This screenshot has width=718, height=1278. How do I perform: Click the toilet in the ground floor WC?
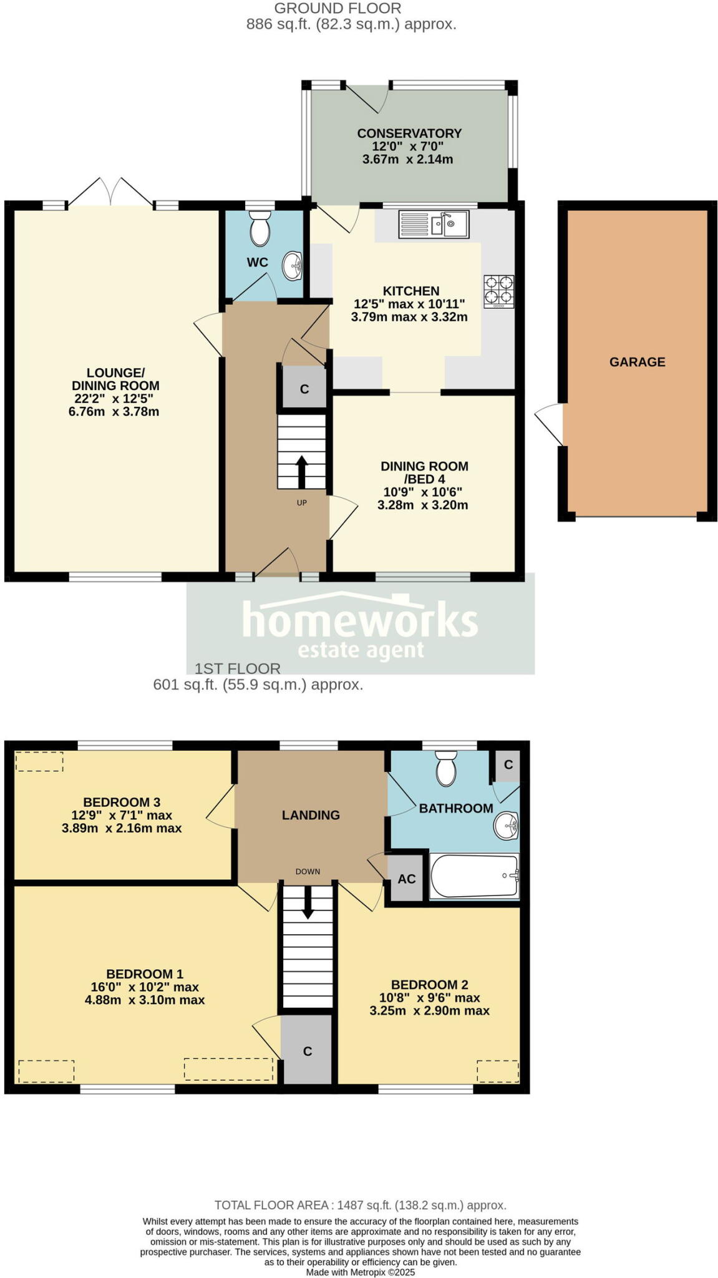pyautogui.click(x=260, y=229)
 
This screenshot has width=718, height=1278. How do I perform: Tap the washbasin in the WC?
pyautogui.click(x=293, y=266)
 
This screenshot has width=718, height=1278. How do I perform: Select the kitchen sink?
pyautogui.click(x=434, y=225)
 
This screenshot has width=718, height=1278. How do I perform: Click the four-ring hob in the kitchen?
pyautogui.click(x=498, y=291)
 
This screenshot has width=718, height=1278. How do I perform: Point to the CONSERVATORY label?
pyautogui.click(x=409, y=134)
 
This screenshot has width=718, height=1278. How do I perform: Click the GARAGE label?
pyautogui.click(x=637, y=362)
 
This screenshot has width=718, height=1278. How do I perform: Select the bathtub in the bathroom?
pyautogui.click(x=475, y=876)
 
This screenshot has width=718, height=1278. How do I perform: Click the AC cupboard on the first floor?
pyautogui.click(x=406, y=879)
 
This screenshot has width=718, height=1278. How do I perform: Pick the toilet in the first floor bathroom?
pyautogui.click(x=447, y=768)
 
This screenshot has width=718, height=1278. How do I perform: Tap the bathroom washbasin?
pyautogui.click(x=507, y=827)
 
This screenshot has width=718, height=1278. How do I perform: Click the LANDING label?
pyautogui.click(x=311, y=815)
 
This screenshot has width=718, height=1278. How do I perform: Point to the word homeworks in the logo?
pyautogui.click(x=360, y=619)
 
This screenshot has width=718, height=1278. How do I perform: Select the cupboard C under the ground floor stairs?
pyautogui.click(x=304, y=389)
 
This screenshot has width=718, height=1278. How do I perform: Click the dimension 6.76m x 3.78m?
pyautogui.click(x=114, y=412)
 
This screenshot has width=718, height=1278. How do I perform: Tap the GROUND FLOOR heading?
pyautogui.click(x=337, y=9)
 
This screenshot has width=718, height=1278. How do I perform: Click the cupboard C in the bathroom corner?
pyautogui.click(x=508, y=764)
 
